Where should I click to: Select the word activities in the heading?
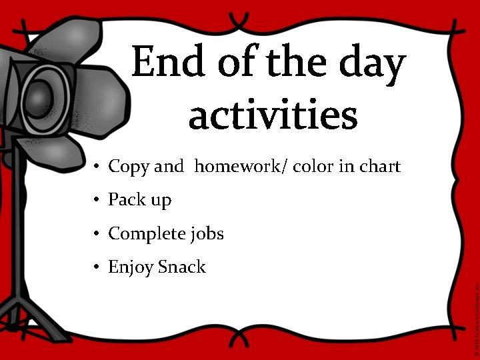pyautogui.click(x=273, y=115)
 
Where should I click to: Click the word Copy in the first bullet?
pyautogui.click(x=129, y=167)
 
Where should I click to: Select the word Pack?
pyautogui.click(x=124, y=199)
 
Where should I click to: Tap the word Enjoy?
pyautogui.click(x=131, y=268)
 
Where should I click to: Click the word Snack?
pyautogui.click(x=182, y=267)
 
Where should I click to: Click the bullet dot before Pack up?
pyautogui.click(x=97, y=200)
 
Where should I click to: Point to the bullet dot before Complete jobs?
pyautogui.click(x=97, y=234)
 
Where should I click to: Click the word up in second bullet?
pyautogui.click(x=160, y=201)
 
